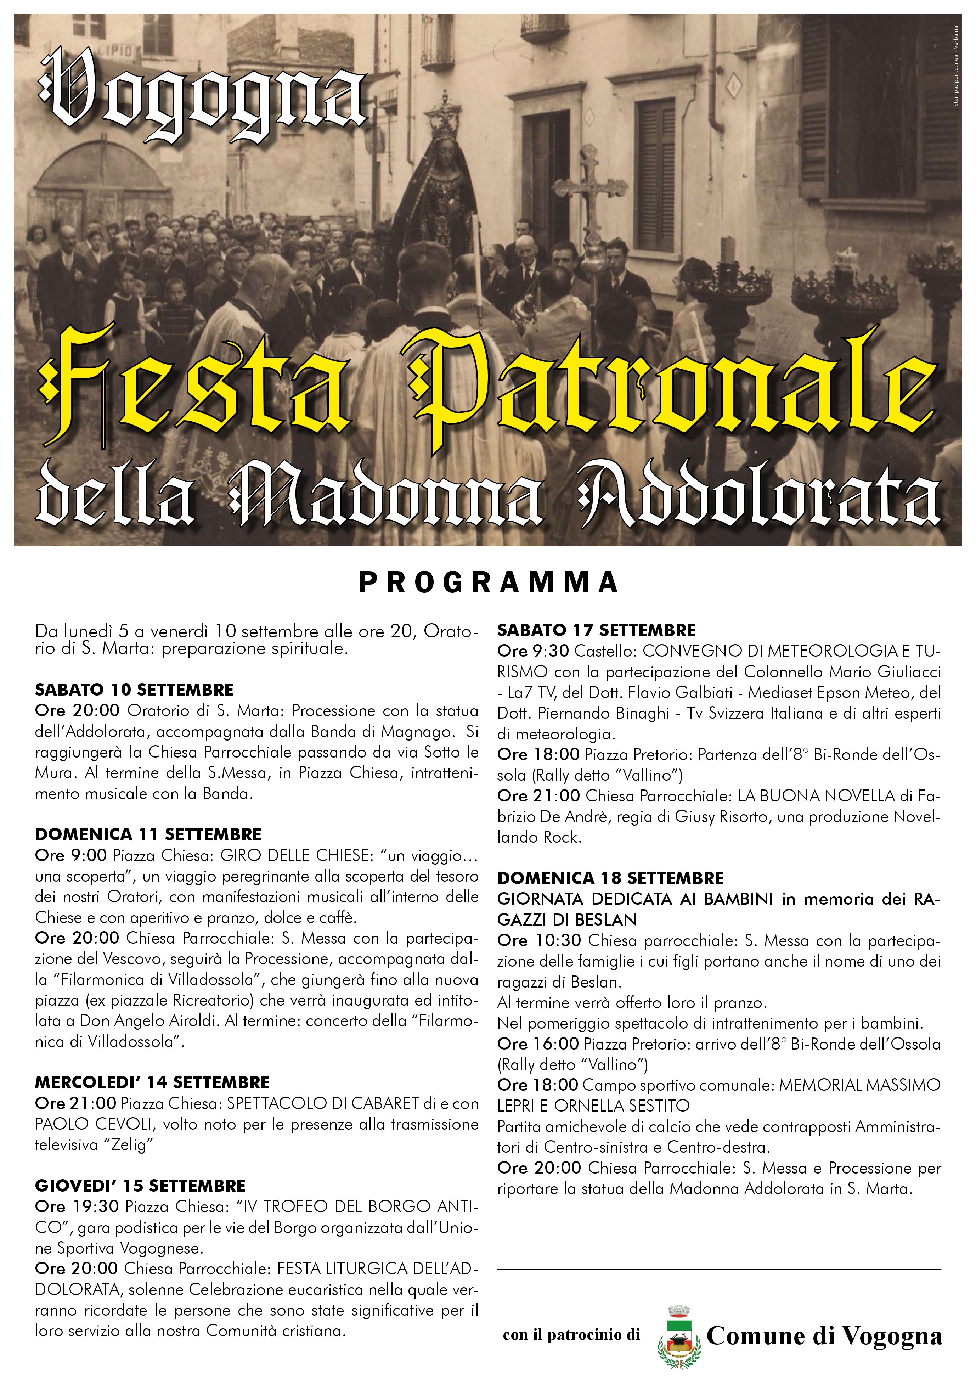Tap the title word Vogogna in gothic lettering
203,97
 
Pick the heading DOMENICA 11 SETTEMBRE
148,834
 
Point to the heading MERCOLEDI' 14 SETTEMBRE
152,1082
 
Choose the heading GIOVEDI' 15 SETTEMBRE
140,1185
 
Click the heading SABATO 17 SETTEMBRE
597,630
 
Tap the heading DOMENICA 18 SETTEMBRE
610,878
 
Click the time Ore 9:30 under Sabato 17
533,651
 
